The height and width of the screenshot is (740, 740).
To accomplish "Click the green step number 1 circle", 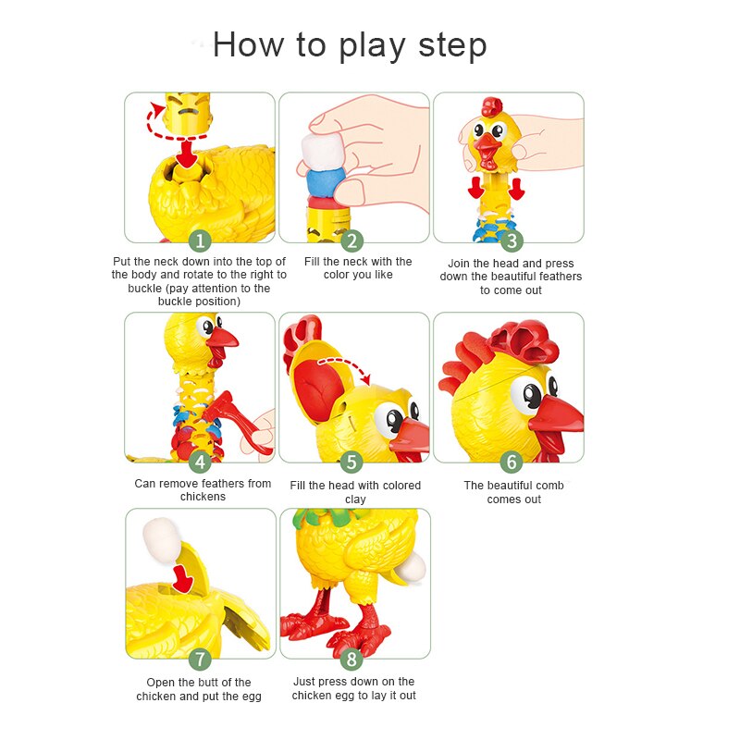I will point(200,241).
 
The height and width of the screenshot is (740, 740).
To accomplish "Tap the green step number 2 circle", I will point(351,241).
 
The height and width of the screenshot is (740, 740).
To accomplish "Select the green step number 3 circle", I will point(512,241).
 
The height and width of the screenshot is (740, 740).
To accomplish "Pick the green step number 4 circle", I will point(200,462).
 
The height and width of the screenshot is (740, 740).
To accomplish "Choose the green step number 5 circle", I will point(351,462).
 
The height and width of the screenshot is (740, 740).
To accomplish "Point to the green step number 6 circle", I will point(512,462).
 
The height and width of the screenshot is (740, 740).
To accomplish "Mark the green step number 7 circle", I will point(200,659).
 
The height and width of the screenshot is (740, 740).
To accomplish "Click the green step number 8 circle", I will point(351,659).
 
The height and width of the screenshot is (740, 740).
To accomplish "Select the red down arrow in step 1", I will point(189,154).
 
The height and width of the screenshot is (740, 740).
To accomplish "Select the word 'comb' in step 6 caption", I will point(548,486).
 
